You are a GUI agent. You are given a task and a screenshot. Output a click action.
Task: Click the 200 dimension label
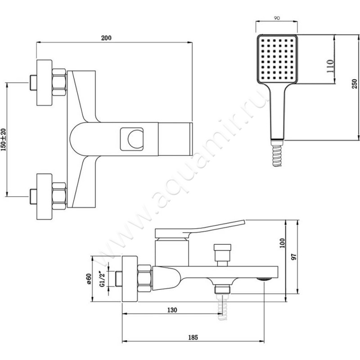point(106,38)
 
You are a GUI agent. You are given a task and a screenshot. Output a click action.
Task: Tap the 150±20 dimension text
point(4,139)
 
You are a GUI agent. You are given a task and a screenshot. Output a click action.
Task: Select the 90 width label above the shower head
point(277,18)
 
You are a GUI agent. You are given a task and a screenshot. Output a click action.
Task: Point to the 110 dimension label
point(330,66)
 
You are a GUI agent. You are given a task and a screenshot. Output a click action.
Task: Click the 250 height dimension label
point(354,84)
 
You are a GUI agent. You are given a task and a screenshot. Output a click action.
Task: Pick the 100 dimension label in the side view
point(282,243)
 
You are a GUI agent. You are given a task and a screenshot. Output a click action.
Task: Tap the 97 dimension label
point(294,256)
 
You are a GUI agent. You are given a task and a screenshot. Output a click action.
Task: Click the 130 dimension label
point(172,310)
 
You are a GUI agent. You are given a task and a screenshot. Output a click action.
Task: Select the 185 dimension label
point(193,337)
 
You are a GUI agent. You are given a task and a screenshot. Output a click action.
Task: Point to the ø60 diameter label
point(89,279)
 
